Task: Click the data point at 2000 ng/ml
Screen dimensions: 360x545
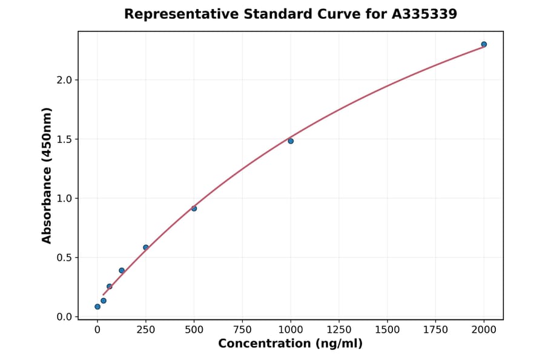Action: [484, 44]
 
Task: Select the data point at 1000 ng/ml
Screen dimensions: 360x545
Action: [291, 141]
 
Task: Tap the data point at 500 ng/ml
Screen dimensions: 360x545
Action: [194, 208]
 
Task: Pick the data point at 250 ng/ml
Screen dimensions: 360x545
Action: [146, 247]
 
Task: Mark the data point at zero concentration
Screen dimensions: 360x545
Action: [97, 307]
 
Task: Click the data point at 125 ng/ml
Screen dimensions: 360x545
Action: [122, 270]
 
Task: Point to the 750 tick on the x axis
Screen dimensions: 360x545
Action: [242, 330]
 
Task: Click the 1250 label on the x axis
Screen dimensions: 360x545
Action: [339, 330]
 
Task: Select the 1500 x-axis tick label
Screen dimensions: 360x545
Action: [388, 330]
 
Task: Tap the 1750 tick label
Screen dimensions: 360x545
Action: [435, 330]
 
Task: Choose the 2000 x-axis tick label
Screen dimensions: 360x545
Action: [484, 330]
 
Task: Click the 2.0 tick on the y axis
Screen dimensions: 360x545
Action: [64, 80]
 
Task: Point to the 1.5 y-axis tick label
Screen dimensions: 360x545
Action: [64, 139]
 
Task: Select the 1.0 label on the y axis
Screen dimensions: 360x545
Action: [64, 198]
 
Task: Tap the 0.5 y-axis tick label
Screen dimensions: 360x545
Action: [64, 258]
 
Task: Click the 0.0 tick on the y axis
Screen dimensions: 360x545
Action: [64, 317]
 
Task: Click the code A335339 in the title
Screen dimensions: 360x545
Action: [424, 14]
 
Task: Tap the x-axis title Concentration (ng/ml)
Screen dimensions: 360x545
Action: [291, 344]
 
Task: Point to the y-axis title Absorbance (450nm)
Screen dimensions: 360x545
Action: [47, 175]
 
